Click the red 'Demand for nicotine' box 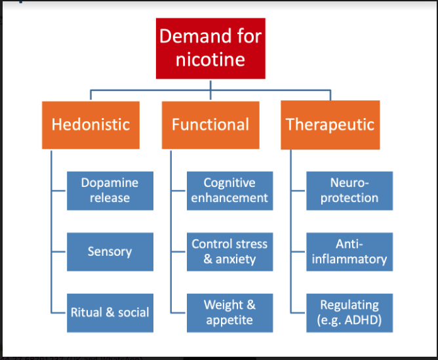(210, 48)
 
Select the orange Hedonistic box (90, 125)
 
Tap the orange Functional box (210, 125)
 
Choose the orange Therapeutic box (330, 125)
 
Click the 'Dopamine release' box (110, 191)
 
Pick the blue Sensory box (110, 252)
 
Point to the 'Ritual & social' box (110, 313)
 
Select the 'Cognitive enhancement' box (229, 191)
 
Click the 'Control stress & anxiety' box (229, 252)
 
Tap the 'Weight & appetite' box (229, 313)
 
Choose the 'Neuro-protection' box (349, 191)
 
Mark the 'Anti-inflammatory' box (349, 252)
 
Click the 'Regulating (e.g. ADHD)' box (349, 313)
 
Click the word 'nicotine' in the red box (210, 60)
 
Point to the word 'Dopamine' (110, 183)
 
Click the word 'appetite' (229, 321)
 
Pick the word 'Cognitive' (229, 183)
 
